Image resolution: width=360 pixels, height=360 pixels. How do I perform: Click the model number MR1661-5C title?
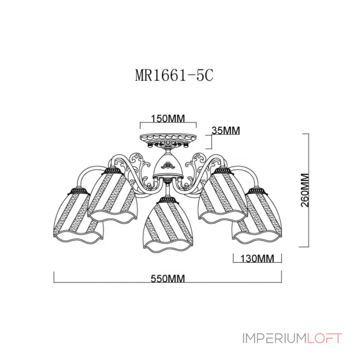174,75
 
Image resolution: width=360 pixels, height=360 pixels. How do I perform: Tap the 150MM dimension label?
168,118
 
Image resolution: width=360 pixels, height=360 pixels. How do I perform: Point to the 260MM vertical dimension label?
305,189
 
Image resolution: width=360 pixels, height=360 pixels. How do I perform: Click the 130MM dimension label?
257,259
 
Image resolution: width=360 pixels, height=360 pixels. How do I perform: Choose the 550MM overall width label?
167,279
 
